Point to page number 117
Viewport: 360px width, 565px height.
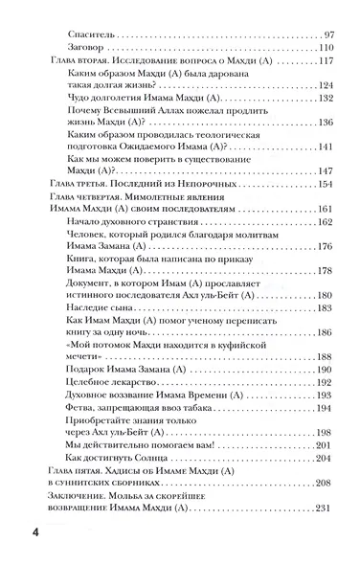320,61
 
